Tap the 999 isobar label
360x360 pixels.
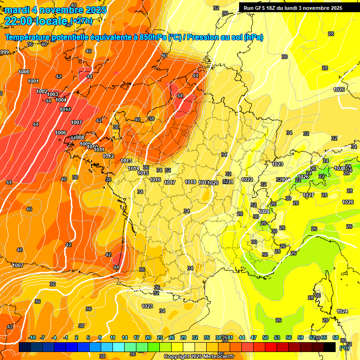tap(4, 52)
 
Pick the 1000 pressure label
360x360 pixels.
tap(24, 72)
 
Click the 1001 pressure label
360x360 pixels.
tap(33, 81)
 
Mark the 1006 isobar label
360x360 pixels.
tap(60, 133)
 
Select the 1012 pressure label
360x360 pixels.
tap(108, 156)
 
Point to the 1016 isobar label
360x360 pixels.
tap(156, 180)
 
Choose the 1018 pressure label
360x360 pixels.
tap(190, 182)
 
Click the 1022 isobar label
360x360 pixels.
tap(247, 180)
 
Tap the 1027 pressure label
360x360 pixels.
tap(308, 195)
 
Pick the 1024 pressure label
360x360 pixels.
tap(342, 311)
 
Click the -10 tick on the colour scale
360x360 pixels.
tap(32, 337)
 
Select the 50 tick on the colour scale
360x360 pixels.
tap(265, 337)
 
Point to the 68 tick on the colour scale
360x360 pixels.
tap(336, 337)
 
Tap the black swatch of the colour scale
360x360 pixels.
tap(330, 347)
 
